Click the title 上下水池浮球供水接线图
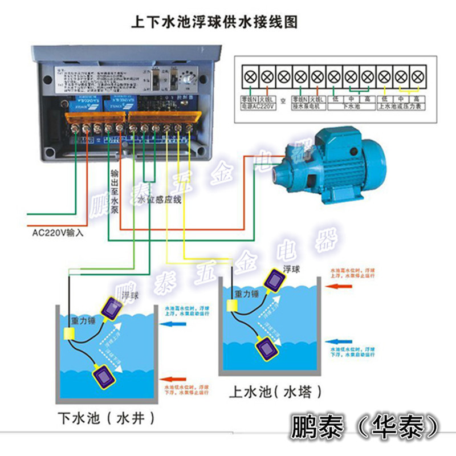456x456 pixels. click(x=215, y=23)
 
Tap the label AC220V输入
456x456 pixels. click(x=57, y=233)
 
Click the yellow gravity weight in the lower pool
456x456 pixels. click(x=70, y=332)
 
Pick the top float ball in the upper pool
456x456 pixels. click(x=275, y=281)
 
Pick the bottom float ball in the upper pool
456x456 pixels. click(x=267, y=347)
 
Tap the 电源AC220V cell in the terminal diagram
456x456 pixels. click(x=258, y=107)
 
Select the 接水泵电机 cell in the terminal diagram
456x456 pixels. click(x=308, y=107)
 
